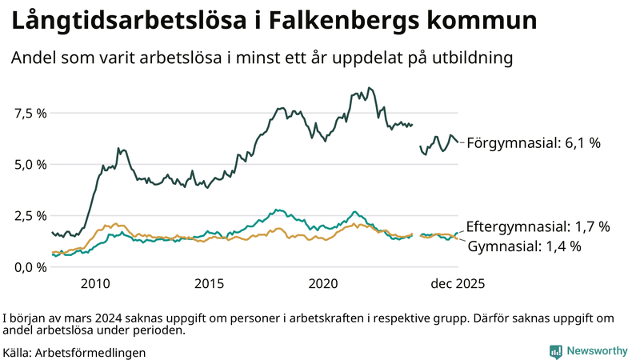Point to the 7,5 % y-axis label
click(x=30, y=113)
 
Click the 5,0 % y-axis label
click(x=30, y=164)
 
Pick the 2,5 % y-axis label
click(x=30, y=215)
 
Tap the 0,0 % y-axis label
click(x=30, y=266)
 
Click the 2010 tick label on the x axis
click(x=94, y=283)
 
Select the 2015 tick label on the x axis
click(x=210, y=283)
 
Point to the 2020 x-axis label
click(x=325, y=283)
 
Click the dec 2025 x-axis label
click(x=458, y=283)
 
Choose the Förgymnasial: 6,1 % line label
click(x=533, y=143)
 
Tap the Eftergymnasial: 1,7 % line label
click(x=538, y=227)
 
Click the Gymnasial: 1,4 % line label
click(x=524, y=246)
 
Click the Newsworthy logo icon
click(x=555, y=351)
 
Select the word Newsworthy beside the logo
click(x=596, y=351)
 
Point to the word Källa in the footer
click(x=18, y=352)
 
